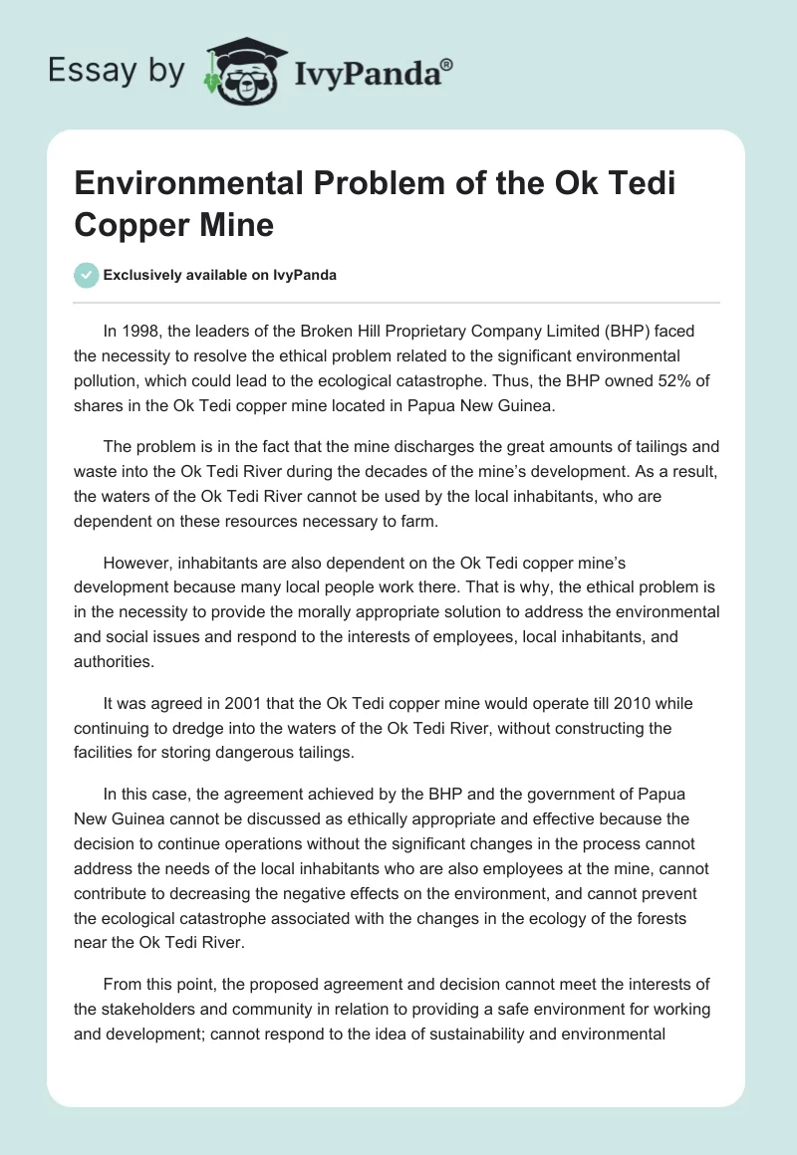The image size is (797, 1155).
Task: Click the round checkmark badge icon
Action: coord(87,275)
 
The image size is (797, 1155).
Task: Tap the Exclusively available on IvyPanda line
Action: coord(220,275)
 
